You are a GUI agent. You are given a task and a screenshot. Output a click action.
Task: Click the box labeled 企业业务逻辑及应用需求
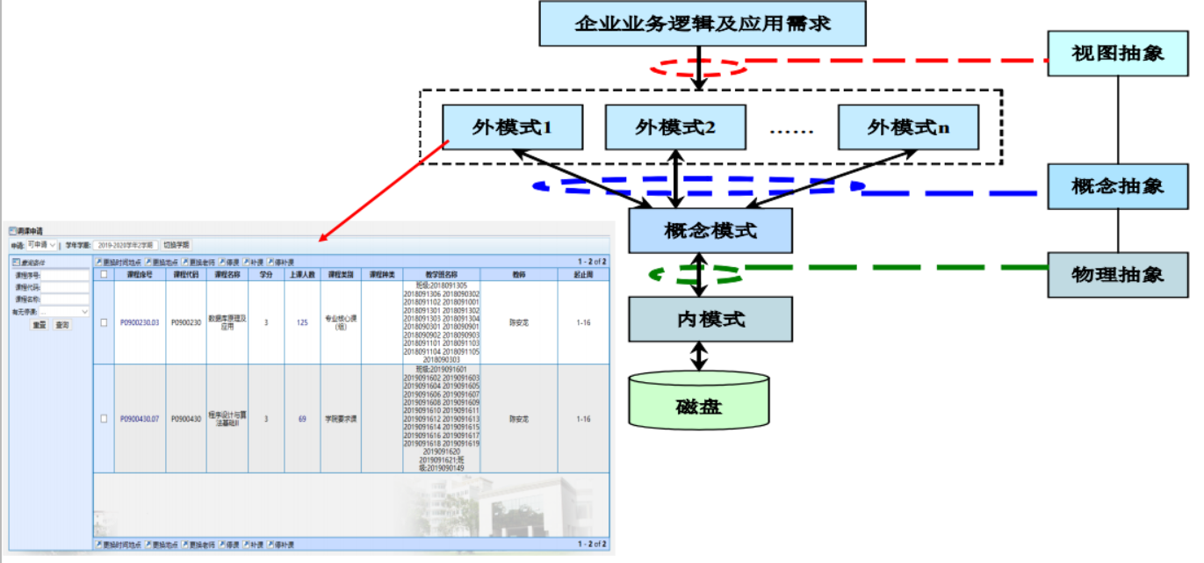click(702, 24)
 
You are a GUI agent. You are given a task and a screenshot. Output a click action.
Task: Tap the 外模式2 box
click(675, 127)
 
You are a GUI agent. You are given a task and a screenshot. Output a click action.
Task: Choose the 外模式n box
click(908, 127)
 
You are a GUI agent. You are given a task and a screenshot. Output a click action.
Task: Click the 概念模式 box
click(710, 231)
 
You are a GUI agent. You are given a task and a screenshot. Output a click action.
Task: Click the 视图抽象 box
click(1117, 54)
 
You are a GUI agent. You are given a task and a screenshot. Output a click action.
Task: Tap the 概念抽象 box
click(1117, 186)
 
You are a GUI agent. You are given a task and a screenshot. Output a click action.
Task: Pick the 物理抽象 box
click(1117, 274)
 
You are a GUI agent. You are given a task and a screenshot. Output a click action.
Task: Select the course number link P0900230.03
click(140, 323)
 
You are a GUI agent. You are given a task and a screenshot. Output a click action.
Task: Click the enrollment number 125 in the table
click(302, 323)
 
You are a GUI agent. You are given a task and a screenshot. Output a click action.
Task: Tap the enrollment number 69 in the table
click(302, 419)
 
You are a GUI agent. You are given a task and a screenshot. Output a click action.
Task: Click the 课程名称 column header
click(227, 275)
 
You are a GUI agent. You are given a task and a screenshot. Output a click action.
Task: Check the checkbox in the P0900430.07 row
click(104, 419)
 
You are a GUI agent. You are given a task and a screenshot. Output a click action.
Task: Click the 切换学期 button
click(177, 245)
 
